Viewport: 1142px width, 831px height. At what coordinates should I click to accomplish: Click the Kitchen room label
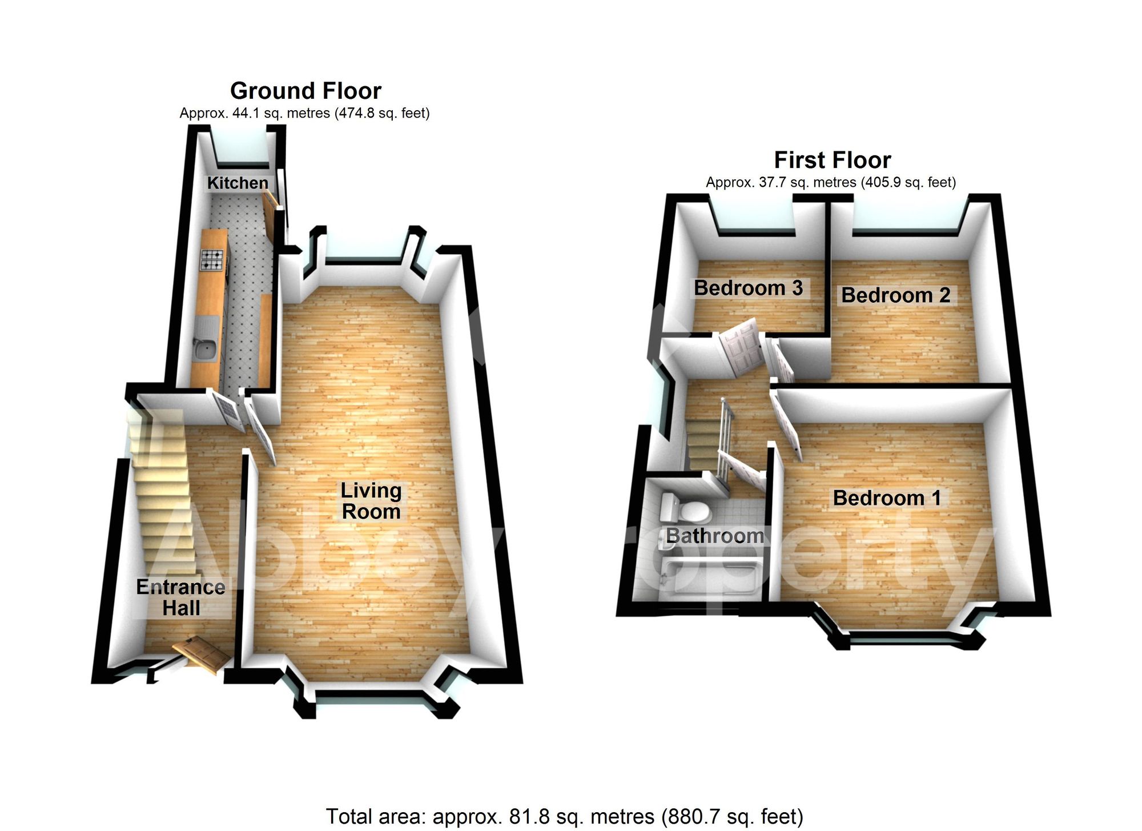coord(238,183)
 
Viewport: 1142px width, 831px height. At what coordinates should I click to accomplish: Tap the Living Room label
coord(371,501)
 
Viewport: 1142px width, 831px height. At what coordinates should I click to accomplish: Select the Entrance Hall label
coord(181,597)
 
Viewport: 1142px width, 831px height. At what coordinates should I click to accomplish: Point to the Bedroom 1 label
coord(887,498)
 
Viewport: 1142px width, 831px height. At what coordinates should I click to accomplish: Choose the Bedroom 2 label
coord(896,295)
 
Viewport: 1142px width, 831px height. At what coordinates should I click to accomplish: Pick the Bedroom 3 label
coord(748,288)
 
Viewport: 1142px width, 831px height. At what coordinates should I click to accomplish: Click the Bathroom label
coord(715,536)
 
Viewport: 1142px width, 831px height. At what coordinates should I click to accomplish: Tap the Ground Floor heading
coord(305,91)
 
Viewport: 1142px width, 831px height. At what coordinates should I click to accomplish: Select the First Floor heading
coord(833,160)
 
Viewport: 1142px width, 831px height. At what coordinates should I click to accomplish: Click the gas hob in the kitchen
coord(211,260)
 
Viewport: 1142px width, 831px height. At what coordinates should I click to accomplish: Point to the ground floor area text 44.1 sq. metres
coord(304,113)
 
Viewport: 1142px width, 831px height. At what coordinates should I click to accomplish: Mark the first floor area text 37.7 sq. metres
coord(831,182)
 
